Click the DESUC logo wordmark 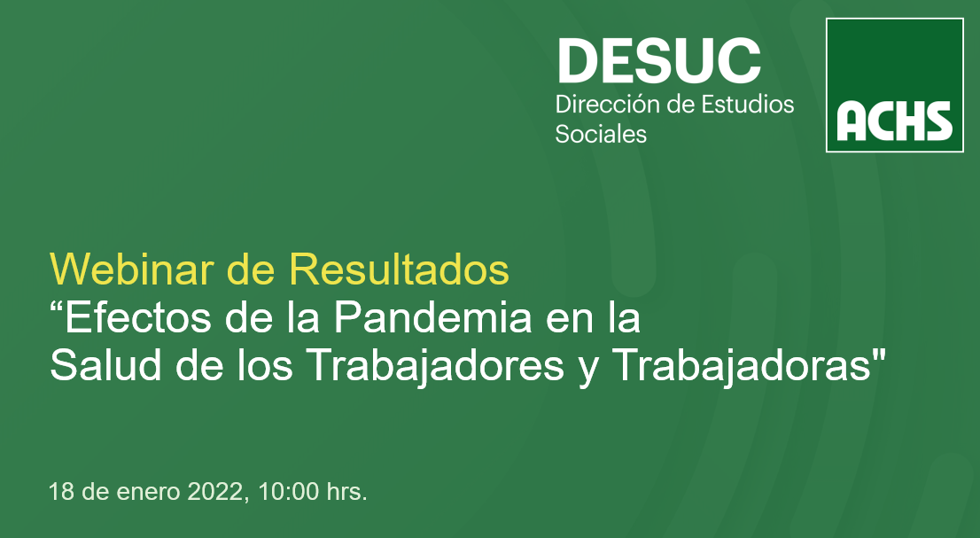coord(658,60)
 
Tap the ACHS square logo coord(894,85)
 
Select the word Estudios coord(748,104)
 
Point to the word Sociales coord(601,134)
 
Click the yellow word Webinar coord(132,269)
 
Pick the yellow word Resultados coord(399,269)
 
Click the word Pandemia coord(432,317)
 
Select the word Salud coord(105,365)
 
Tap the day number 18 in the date coord(61,492)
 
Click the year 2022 coord(214,492)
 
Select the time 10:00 coord(288,492)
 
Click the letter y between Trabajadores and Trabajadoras coord(588,371)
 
